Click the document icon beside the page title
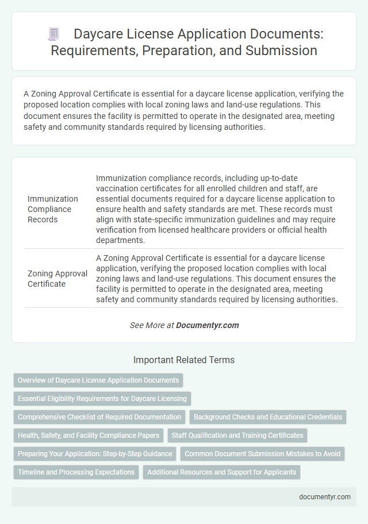[x=53, y=34]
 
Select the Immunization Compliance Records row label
[x=49, y=209]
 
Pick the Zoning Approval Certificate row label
[x=56, y=279]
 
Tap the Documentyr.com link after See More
[x=207, y=325]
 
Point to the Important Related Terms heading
[x=184, y=360]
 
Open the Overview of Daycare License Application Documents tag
[x=98, y=380]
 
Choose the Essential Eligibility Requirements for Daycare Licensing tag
[x=102, y=398]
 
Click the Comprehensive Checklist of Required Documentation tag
[x=99, y=417]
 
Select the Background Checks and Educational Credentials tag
[x=268, y=417]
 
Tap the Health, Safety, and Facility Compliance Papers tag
[x=88, y=436]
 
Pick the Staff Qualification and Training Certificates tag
[x=237, y=436]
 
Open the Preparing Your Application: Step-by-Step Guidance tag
[x=95, y=454]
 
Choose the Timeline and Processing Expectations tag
[x=76, y=472]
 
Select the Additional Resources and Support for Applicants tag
[x=222, y=472]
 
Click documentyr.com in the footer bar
[x=325, y=497]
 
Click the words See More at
[x=152, y=325]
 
